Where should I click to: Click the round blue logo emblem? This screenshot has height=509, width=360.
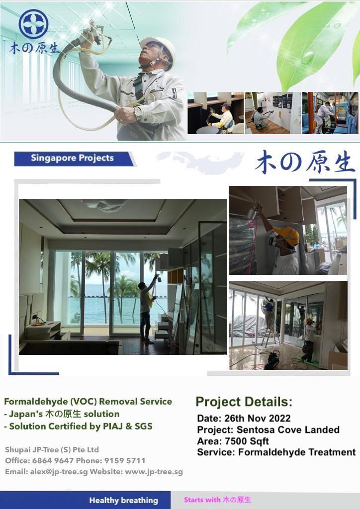click(x=33, y=24)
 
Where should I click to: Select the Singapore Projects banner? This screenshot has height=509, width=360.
click(x=74, y=159)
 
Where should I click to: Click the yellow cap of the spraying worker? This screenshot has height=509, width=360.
click(x=287, y=235)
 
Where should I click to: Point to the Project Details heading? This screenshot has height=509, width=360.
click(x=244, y=402)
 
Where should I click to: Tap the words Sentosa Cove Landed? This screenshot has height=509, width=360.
click(x=288, y=429)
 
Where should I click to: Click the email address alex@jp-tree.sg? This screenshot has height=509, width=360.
click(x=59, y=472)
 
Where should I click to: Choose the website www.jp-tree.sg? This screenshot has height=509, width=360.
click(x=154, y=472)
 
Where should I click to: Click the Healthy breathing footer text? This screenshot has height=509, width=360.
click(x=124, y=500)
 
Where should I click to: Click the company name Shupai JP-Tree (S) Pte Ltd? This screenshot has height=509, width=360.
click(x=52, y=449)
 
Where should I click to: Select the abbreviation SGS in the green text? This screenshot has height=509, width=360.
click(x=143, y=426)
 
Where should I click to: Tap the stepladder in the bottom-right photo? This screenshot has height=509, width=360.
click(x=270, y=331)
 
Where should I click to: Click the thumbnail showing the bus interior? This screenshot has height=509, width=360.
click(x=330, y=113)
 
